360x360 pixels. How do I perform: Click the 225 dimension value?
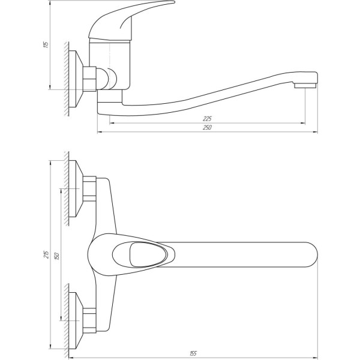(208, 119)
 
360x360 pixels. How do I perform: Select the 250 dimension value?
(208, 127)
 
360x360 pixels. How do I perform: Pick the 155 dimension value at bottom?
(194, 353)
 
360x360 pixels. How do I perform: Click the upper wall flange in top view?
(76, 189)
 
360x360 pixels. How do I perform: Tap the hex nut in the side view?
(91, 79)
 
